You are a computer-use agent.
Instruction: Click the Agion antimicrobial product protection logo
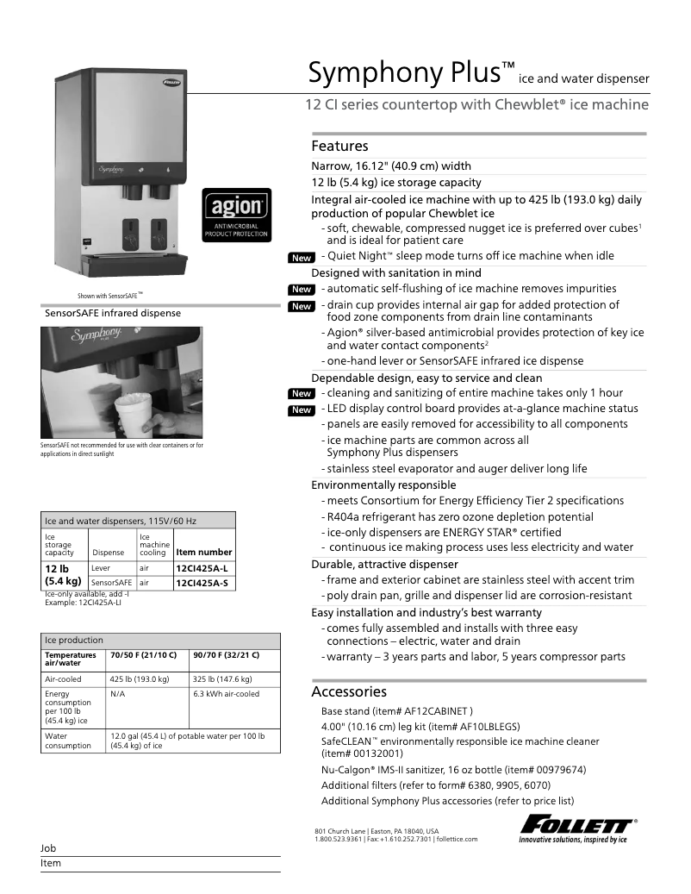point(236,216)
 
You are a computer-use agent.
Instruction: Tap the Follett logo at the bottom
point(577,828)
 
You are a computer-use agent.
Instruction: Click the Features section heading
point(339,146)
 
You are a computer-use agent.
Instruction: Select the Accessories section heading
point(349,691)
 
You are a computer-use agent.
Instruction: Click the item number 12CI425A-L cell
point(202,569)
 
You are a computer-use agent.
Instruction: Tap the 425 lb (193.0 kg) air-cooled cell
point(139,678)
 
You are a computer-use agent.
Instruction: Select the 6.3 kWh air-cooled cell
point(226,694)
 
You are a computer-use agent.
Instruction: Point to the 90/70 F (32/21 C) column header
point(226,655)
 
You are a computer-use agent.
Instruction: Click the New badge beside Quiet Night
point(301,258)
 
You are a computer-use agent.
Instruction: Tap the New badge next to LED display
point(301,409)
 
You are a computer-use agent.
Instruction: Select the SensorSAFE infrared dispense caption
point(113,313)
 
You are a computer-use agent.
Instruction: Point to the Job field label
point(48,848)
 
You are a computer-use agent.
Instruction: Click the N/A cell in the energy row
point(118,694)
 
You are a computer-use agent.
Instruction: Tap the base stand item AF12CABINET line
point(396,711)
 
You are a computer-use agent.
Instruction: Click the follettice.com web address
point(457,838)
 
